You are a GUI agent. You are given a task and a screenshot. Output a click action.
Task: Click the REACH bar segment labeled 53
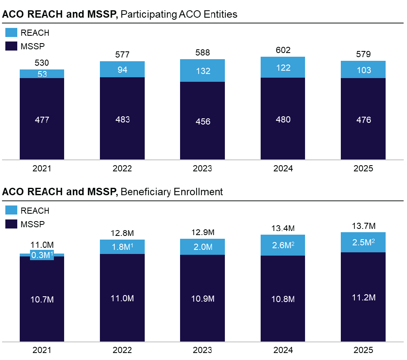tap(42, 74)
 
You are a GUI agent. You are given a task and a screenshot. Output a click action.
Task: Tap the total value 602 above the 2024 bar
tap(283, 50)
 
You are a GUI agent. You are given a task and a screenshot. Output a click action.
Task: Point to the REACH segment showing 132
tap(202, 71)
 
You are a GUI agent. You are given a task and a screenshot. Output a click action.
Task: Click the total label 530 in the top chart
tap(42, 63)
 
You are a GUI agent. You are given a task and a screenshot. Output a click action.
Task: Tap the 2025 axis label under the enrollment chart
tap(363, 351)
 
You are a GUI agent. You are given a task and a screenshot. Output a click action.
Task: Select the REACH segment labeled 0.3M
tap(42, 255)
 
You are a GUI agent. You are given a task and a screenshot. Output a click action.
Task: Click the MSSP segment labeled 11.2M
tap(363, 297)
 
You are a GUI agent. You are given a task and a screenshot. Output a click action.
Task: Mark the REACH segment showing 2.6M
tap(283, 245)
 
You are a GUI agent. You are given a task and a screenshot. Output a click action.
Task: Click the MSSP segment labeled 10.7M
tap(42, 299)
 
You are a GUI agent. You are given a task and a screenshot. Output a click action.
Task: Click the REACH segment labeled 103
tap(363, 69)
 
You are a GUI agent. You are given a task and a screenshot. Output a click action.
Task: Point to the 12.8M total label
tap(122, 233)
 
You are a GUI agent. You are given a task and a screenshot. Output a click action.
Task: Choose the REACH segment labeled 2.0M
tap(202, 247)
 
